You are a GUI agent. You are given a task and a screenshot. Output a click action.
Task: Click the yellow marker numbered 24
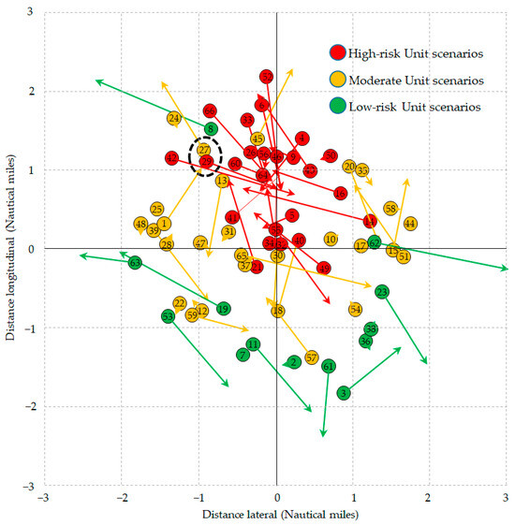click(174, 119)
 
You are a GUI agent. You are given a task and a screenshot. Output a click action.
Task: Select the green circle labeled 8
click(212, 129)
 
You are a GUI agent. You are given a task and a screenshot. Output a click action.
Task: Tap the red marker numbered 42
click(310, 170)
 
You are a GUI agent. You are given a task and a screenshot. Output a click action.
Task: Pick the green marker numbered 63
click(135, 263)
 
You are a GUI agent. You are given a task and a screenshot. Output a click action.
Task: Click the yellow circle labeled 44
click(409, 224)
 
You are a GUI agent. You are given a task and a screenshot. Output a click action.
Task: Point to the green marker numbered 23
click(382, 292)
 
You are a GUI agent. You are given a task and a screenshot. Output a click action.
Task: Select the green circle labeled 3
click(344, 393)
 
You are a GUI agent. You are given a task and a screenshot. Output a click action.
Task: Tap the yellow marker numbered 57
click(312, 358)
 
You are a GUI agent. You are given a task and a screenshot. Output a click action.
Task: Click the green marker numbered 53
click(168, 316)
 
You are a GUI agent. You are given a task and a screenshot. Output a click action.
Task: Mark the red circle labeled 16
click(340, 193)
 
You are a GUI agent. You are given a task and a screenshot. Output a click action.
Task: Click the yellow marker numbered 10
click(331, 240)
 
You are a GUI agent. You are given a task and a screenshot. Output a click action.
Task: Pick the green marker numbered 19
click(223, 309)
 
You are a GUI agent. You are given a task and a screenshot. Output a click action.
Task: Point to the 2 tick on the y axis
click(30, 92)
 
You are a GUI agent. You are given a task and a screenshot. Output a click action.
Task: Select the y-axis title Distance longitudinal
click(9, 248)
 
